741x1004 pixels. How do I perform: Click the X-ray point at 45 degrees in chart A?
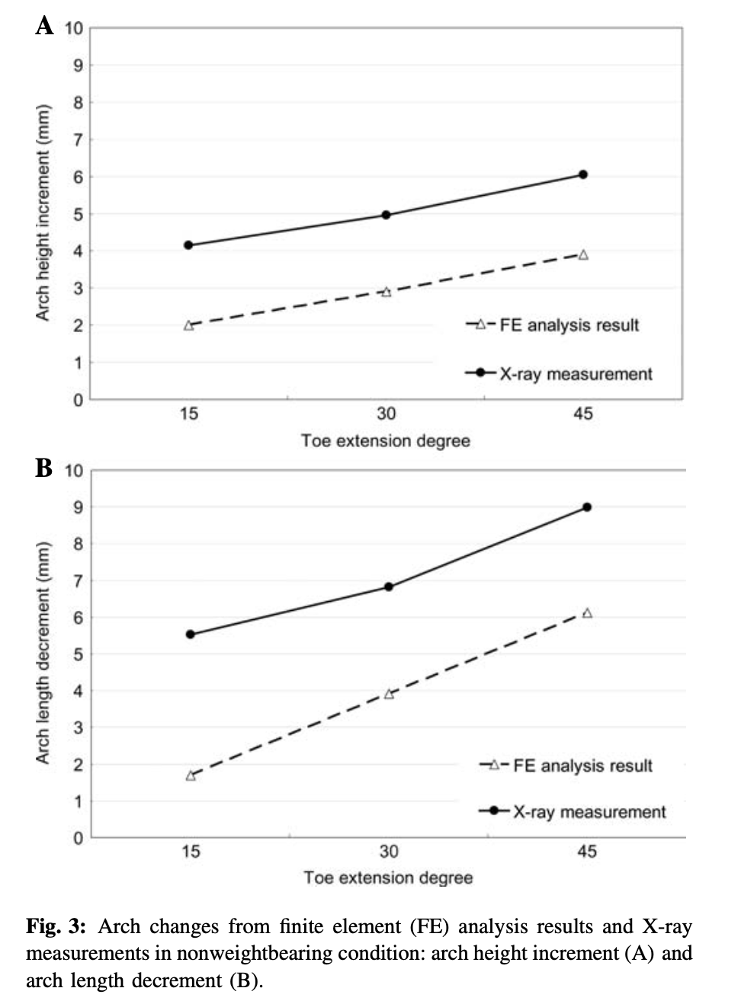coord(583,174)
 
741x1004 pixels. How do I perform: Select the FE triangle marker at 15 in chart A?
coord(189,325)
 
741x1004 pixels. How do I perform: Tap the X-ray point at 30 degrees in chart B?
coord(389,587)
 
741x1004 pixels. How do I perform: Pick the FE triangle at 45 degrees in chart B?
coord(587,612)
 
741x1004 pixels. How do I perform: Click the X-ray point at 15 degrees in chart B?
coord(190,635)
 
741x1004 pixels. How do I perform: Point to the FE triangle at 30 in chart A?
coord(387,293)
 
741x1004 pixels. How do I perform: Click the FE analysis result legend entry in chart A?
coord(553,325)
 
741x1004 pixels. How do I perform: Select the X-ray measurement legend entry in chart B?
coord(573,812)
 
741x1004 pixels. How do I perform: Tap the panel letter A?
coord(44,26)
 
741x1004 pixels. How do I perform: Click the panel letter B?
coord(43,468)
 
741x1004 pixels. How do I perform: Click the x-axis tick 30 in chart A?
coord(387,414)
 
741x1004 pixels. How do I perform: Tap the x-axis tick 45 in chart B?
coord(587,851)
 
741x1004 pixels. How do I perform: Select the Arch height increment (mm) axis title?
coord(43,213)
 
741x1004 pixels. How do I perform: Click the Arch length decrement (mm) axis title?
coord(43,653)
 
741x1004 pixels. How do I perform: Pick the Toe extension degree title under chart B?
coord(389,878)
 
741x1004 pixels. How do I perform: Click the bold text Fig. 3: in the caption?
coord(56,926)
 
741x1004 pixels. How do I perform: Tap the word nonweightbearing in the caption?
coord(255,953)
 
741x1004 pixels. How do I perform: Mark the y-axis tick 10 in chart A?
coord(74,29)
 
